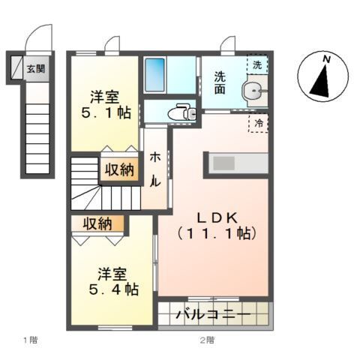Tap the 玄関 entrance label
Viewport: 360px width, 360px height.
(35, 69)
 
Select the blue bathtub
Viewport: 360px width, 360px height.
(158, 76)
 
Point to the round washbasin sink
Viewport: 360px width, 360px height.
(253, 93)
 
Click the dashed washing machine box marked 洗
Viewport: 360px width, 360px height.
(259, 65)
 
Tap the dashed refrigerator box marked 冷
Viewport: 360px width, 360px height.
(259, 122)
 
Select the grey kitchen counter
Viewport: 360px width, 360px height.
(238, 163)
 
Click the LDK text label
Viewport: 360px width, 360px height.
(217, 217)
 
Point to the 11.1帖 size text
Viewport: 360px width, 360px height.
(217, 233)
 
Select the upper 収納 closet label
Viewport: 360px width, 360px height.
(121, 169)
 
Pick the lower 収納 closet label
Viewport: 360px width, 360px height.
(98, 223)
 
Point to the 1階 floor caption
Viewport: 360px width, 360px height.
(29, 340)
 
